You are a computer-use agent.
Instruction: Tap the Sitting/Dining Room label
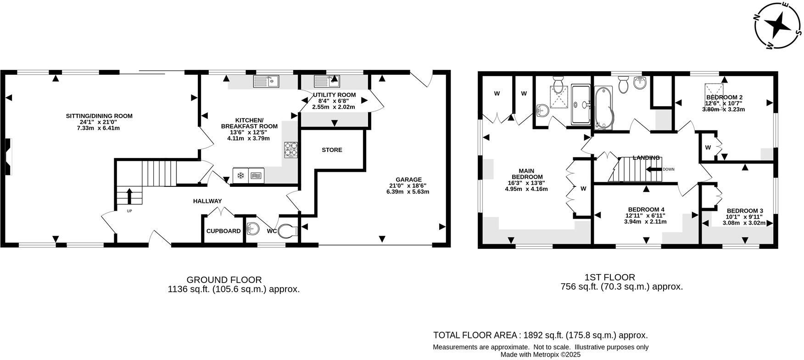click(99, 116)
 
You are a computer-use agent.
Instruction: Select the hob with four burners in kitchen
click(291, 150)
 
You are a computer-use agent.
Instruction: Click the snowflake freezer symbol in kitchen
click(240, 175)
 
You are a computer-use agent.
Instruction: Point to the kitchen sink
click(267, 82)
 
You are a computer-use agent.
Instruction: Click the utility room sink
click(327, 82)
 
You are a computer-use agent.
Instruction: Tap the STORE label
click(332, 150)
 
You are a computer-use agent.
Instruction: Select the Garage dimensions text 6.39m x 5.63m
click(408, 192)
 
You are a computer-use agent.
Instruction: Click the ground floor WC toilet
click(289, 230)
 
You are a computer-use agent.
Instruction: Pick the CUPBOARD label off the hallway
click(223, 231)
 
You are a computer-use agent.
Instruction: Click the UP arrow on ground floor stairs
click(129, 196)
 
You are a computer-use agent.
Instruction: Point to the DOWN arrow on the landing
click(653, 169)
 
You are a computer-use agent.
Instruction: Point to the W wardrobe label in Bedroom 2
click(708, 148)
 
